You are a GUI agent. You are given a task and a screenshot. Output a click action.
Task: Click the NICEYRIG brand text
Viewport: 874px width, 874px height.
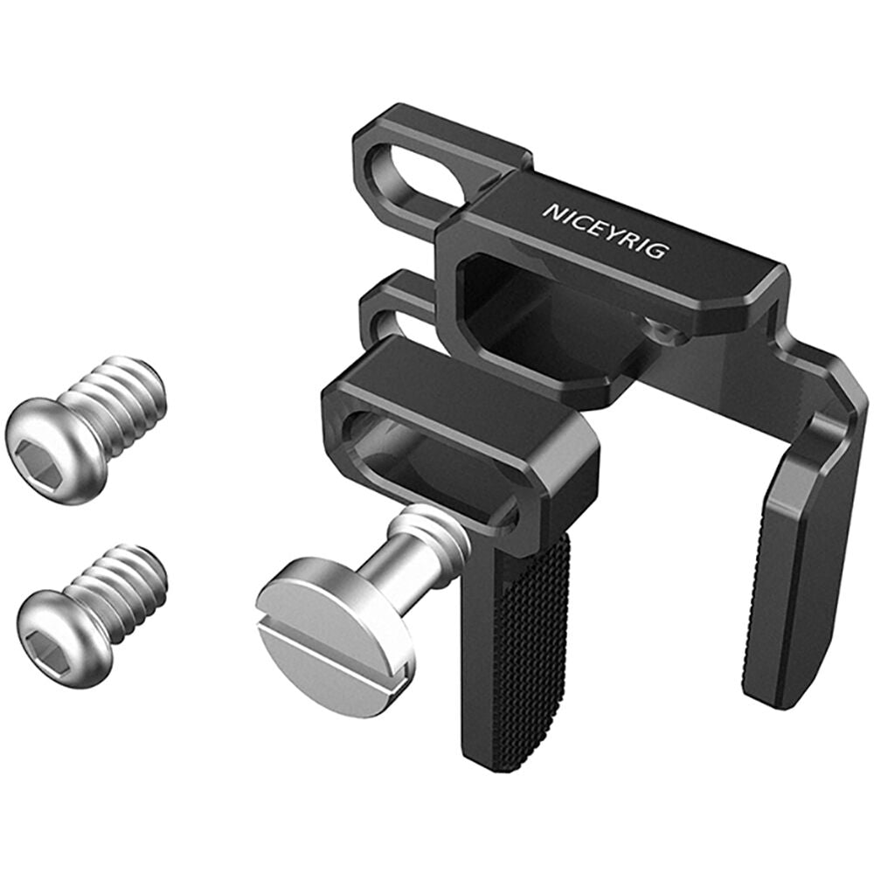[605, 230]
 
